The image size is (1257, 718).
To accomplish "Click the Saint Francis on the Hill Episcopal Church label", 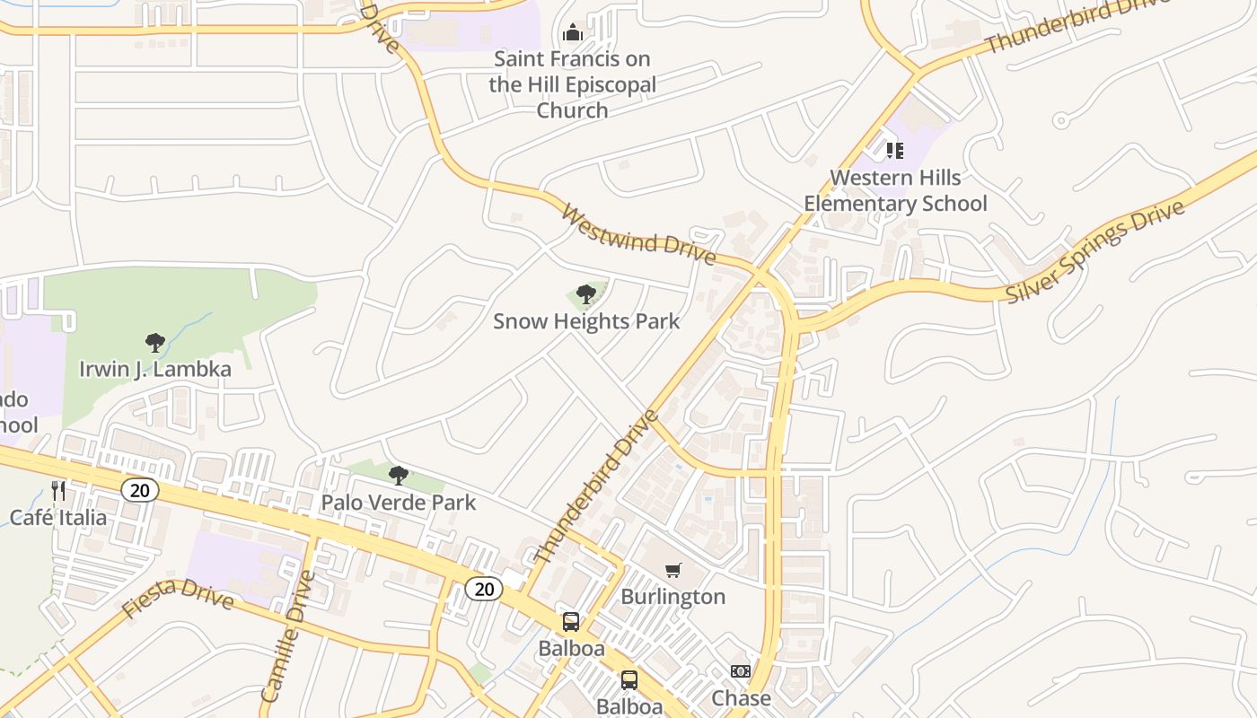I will [x=573, y=84].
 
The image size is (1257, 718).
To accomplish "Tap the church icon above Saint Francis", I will [x=573, y=34].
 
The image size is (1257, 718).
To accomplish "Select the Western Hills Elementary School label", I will [x=895, y=190].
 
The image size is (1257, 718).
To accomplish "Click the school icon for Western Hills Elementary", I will [x=894, y=150].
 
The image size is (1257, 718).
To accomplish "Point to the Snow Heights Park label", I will [x=586, y=320].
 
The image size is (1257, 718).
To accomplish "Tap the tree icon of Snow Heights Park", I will [x=586, y=293].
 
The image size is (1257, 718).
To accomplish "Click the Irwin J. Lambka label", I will [x=155, y=369].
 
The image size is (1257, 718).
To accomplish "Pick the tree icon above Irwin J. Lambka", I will [x=155, y=342].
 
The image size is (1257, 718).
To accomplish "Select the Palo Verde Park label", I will [x=399, y=502].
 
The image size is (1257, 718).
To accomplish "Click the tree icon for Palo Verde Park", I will [x=399, y=475].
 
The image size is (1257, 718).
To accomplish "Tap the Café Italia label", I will [x=58, y=517].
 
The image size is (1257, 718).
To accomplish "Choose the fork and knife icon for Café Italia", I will [x=58, y=490].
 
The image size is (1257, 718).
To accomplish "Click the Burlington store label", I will [x=673, y=597].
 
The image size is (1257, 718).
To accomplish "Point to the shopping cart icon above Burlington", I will [x=673, y=570].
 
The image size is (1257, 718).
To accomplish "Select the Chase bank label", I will [x=741, y=697].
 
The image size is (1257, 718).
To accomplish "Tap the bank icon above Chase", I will [x=740, y=671].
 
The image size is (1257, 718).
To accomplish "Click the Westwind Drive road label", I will [x=638, y=235].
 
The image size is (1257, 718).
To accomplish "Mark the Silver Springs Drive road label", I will [x=1095, y=251].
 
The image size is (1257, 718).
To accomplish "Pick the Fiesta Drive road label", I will [x=178, y=597].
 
